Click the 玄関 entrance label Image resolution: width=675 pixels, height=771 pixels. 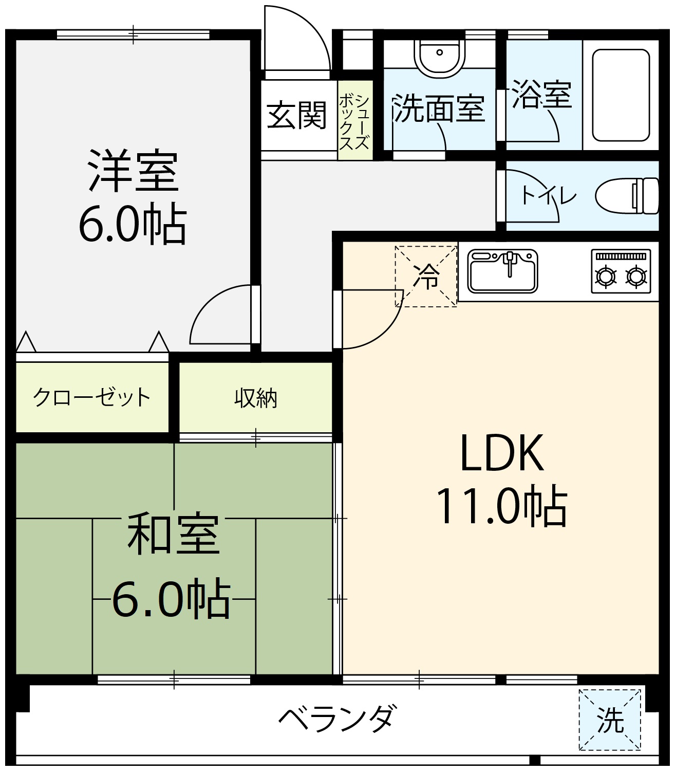(296, 115)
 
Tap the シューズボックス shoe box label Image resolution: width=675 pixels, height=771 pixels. (354, 122)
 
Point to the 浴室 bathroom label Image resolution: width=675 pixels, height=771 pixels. (541, 95)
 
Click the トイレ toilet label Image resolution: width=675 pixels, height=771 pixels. (548, 196)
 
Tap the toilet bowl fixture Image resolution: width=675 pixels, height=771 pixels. (627, 196)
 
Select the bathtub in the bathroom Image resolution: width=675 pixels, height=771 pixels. (621, 95)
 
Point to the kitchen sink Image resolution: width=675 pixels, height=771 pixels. (502, 271)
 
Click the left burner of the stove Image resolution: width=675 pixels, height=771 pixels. (606, 277)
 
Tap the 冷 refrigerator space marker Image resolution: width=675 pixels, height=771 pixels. (426, 276)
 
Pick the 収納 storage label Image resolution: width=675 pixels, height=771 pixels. (255, 398)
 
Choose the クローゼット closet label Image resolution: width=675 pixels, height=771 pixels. (91, 397)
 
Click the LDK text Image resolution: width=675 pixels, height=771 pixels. (501, 452)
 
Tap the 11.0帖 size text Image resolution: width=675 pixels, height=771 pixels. (502, 506)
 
